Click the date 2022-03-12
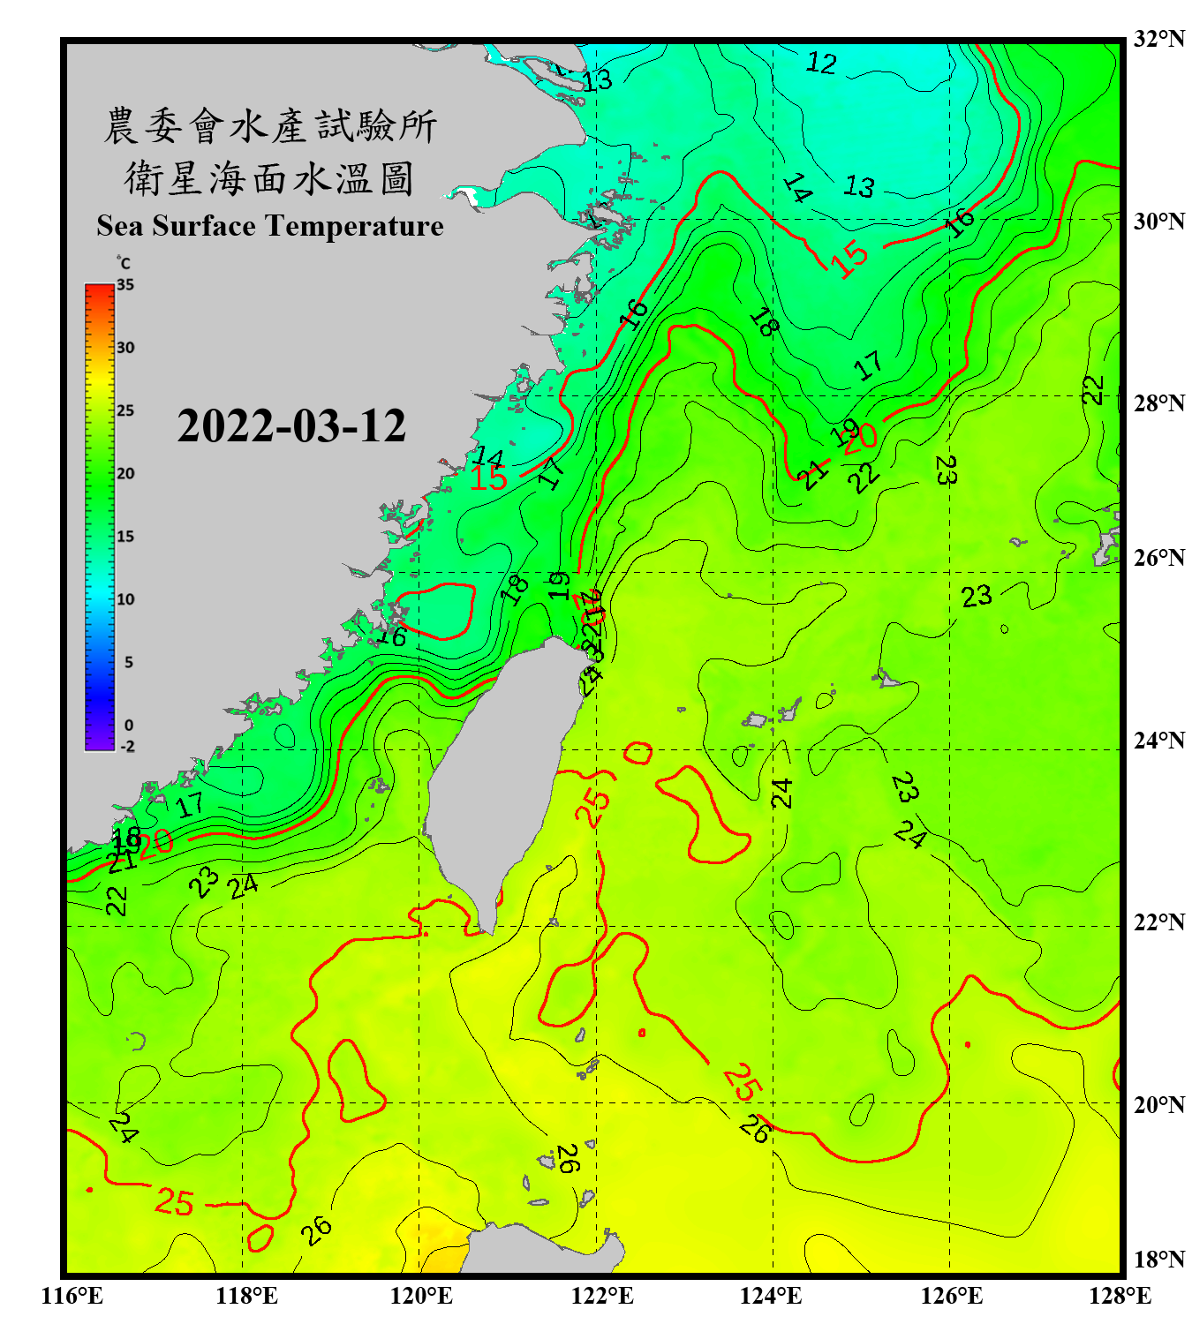tap(291, 426)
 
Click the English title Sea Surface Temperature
tap(270, 226)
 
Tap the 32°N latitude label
tap(1158, 39)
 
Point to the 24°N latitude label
tap(1158, 741)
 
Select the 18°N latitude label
tap(1158, 1260)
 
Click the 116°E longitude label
tap(72, 1296)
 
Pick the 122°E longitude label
tap(602, 1296)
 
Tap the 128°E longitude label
tap(1120, 1296)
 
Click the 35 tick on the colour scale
tap(125, 285)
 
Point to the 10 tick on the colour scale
tap(125, 599)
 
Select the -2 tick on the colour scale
tap(127, 747)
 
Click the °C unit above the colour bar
tap(124, 264)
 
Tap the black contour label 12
tap(821, 64)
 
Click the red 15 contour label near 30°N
tap(849, 260)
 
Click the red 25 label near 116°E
tap(174, 1202)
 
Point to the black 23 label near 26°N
tap(977, 598)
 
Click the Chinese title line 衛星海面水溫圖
tap(270, 179)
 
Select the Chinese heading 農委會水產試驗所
tap(270, 126)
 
